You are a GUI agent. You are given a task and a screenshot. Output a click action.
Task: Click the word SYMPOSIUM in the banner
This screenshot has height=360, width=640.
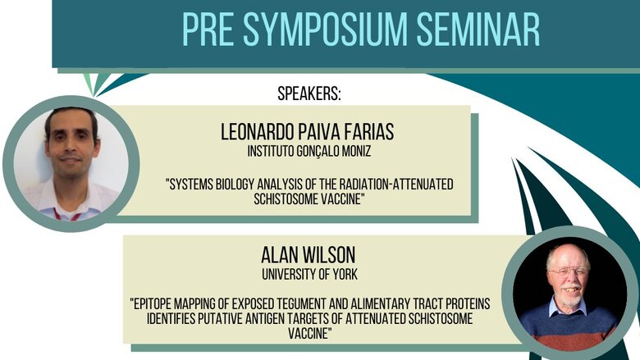click(x=326, y=30)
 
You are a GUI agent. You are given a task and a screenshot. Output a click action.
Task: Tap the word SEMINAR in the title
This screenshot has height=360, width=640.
click(x=478, y=30)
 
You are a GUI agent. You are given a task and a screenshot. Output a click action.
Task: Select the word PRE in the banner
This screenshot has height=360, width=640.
click(x=208, y=30)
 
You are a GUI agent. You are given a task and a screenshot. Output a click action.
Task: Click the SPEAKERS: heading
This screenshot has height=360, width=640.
click(x=309, y=93)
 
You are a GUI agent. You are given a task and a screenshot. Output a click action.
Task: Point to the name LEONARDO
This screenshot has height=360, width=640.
click(x=257, y=132)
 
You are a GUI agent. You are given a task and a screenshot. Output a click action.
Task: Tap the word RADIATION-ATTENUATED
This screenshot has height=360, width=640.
click(x=395, y=185)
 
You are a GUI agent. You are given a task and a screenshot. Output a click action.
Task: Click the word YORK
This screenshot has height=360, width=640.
click(x=345, y=275)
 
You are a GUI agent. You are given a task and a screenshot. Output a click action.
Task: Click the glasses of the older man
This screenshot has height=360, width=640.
click(x=568, y=272)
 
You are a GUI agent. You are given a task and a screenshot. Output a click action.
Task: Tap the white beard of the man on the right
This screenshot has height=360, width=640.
click(x=570, y=296)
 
